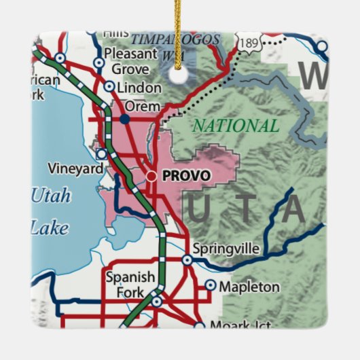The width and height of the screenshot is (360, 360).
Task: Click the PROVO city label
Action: pyautogui.click(x=187, y=175)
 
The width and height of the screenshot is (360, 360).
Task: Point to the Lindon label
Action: pyautogui.click(x=140, y=87)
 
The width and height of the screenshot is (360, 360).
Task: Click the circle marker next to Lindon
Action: pyautogui.click(x=109, y=86)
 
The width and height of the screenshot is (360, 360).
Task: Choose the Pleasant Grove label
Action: pyautogui.click(x=130, y=60)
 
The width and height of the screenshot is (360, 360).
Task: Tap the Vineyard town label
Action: pyautogui.click(x=73, y=167)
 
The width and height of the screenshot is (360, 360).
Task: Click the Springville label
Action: pyautogui.click(x=226, y=249)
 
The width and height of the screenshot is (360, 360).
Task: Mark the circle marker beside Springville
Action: pyautogui.click(x=187, y=259)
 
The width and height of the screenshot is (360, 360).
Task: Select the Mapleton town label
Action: pyautogui.click(x=249, y=287)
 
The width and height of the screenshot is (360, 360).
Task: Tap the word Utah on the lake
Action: pyautogui.click(x=50, y=197)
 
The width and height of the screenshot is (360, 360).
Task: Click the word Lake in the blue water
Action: pyautogui.click(x=50, y=228)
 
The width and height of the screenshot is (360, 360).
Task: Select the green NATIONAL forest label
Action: pyautogui.click(x=235, y=126)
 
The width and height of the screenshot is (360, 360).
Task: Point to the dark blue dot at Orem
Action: pyautogui.click(x=124, y=118)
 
